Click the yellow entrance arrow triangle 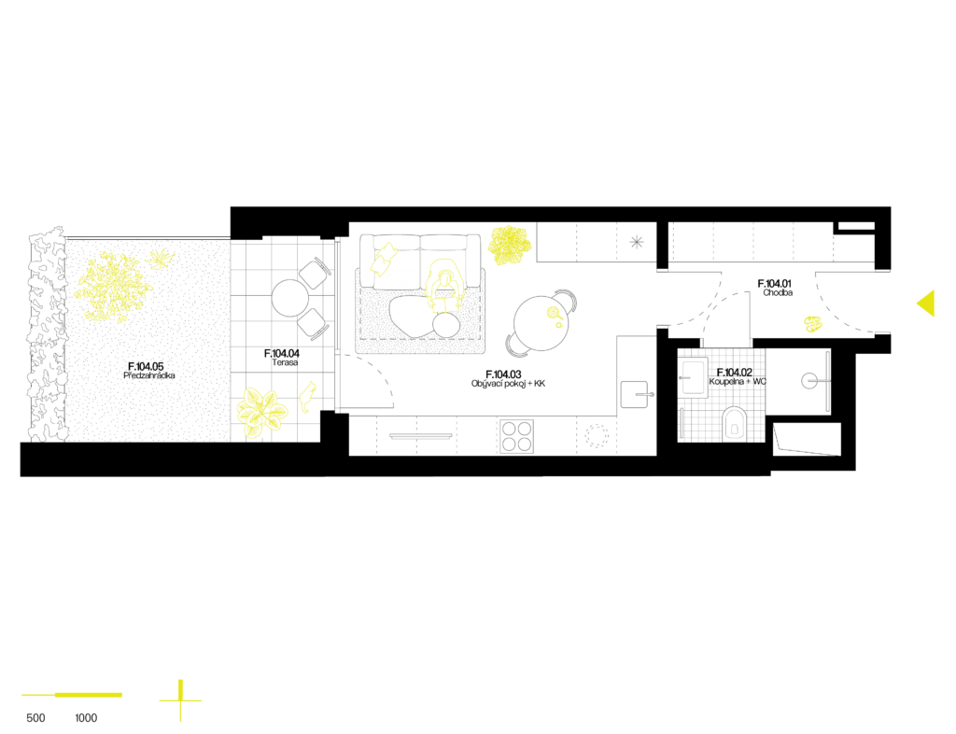[927, 303]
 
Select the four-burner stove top [516, 435]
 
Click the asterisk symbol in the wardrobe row [637, 242]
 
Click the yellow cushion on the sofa [384, 258]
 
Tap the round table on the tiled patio [289, 298]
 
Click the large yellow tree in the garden [113, 287]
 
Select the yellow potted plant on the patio [260, 413]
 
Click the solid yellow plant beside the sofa [509, 244]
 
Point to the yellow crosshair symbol [180, 699]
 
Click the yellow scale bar [73, 695]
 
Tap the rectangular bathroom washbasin [693, 377]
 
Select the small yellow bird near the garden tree [160, 258]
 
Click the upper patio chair [316, 272]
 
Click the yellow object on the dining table [555, 316]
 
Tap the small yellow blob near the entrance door [813, 324]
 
